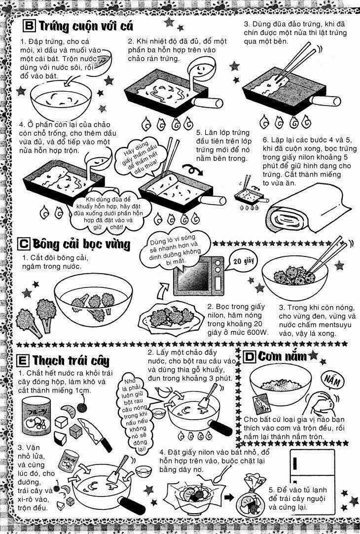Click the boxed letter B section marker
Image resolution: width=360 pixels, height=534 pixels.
[x=30, y=25]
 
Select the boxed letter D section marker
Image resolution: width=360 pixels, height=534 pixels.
[x=250, y=356]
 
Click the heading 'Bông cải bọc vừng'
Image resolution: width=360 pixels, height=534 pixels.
[x=81, y=244]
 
